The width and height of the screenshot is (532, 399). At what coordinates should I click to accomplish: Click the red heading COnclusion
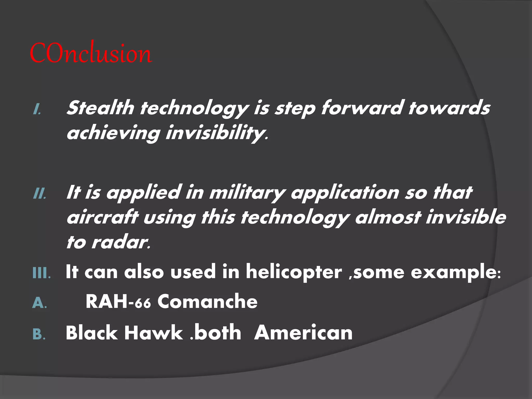pos(91,53)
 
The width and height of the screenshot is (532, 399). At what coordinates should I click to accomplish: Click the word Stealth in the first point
pos(100,108)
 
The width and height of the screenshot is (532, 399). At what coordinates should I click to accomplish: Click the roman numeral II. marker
pos(40,194)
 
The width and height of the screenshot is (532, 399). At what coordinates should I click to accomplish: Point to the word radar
pos(121,242)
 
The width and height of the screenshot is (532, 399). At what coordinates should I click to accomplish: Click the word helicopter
pos(294,272)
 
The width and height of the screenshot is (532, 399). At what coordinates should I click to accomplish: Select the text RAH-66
pos(118,302)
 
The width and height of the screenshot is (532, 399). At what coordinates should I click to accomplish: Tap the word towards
pos(449,108)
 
